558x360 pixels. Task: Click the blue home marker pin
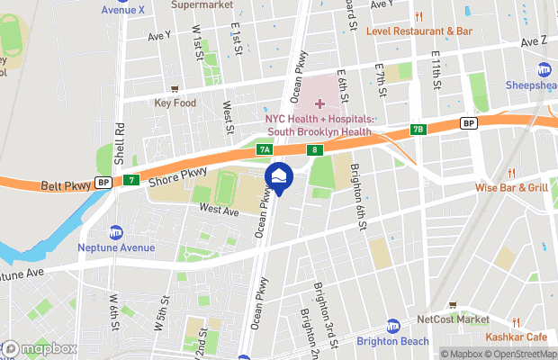tap(278, 178)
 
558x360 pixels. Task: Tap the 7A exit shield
tap(265, 149)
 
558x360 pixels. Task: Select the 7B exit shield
tap(417, 130)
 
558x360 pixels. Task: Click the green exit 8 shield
tap(314, 149)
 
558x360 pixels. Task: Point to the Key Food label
tap(175, 103)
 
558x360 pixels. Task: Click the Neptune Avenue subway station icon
tap(115, 232)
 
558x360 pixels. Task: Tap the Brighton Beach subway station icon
tap(393, 325)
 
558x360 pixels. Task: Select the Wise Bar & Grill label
tap(511, 188)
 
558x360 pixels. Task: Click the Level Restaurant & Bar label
tap(419, 31)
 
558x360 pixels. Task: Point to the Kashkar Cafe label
tap(517, 336)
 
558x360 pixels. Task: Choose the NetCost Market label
tap(454, 319)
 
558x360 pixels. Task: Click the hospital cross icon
tap(319, 104)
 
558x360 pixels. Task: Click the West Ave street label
tap(219, 210)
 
